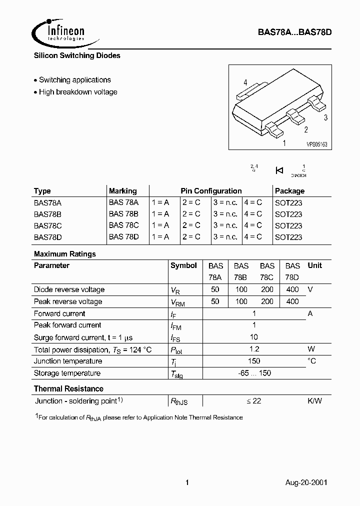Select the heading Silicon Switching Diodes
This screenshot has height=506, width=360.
point(77,55)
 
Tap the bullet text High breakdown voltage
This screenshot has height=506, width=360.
point(78,92)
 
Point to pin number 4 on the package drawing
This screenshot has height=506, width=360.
point(245,82)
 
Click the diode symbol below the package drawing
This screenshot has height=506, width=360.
point(279,170)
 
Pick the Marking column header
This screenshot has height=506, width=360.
point(122,191)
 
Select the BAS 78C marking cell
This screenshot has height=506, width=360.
point(123,225)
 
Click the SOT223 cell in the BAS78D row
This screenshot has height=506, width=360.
point(288,237)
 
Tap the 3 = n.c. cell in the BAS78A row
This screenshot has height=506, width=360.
point(225,202)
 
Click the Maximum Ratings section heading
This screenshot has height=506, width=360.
point(64,254)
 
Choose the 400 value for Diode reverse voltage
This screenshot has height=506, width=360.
point(292,289)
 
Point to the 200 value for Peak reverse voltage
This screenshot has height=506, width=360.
point(267,301)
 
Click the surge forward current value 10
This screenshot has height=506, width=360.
point(254,337)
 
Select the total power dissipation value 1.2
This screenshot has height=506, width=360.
point(254,349)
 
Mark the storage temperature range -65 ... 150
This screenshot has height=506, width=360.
point(254,373)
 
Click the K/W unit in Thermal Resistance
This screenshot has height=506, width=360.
point(314,401)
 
